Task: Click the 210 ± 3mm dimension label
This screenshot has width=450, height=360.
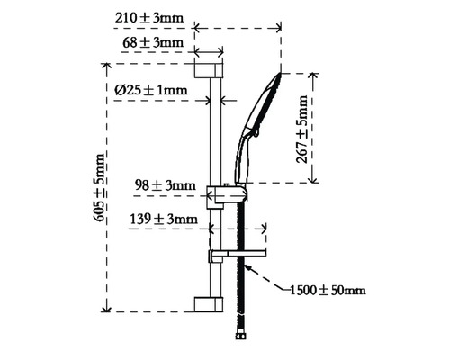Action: pos(149,18)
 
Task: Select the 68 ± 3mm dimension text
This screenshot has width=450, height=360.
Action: pos(153,42)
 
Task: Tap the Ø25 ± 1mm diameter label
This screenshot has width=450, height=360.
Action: pos(151,90)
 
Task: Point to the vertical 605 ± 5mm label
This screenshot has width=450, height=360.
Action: pos(100,187)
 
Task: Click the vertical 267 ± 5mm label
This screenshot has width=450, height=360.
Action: pos(301,129)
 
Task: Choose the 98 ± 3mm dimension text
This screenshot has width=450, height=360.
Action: pos(166,185)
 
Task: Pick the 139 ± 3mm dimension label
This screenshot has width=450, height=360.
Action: pos(164,219)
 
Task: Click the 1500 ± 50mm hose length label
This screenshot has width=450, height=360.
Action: pos(328,291)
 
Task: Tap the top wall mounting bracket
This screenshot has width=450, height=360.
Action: pos(209,71)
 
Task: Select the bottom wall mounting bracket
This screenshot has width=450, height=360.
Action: pos(209,304)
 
